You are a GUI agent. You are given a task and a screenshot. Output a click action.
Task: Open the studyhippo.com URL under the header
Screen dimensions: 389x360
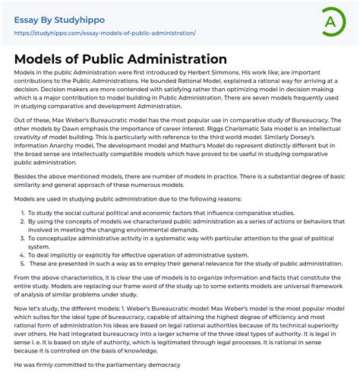105,33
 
